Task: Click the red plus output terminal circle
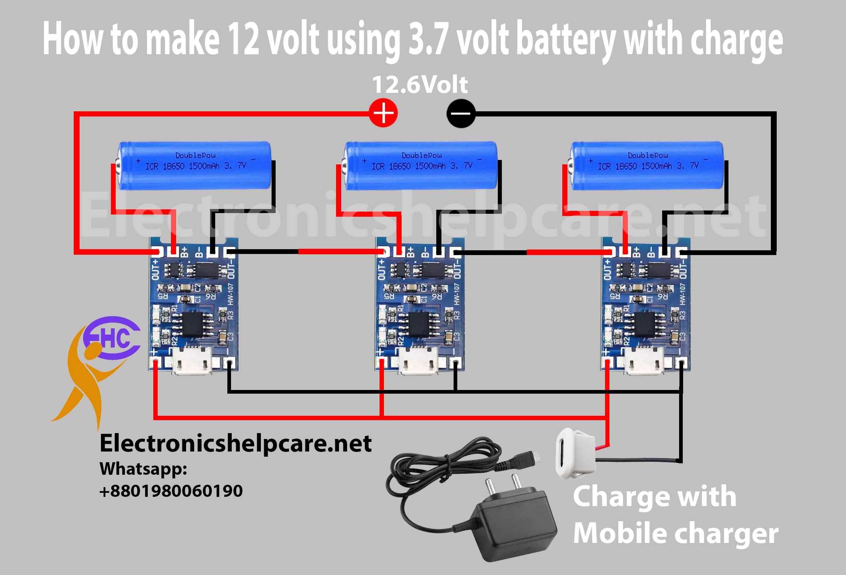pos(383,113)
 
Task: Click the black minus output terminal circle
pos(461,113)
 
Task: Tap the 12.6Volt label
pos(420,85)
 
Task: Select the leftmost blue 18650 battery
pos(195,167)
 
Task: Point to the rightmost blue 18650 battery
pos(647,167)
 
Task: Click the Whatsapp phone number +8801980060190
pos(171,491)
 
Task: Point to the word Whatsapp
pos(143,469)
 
